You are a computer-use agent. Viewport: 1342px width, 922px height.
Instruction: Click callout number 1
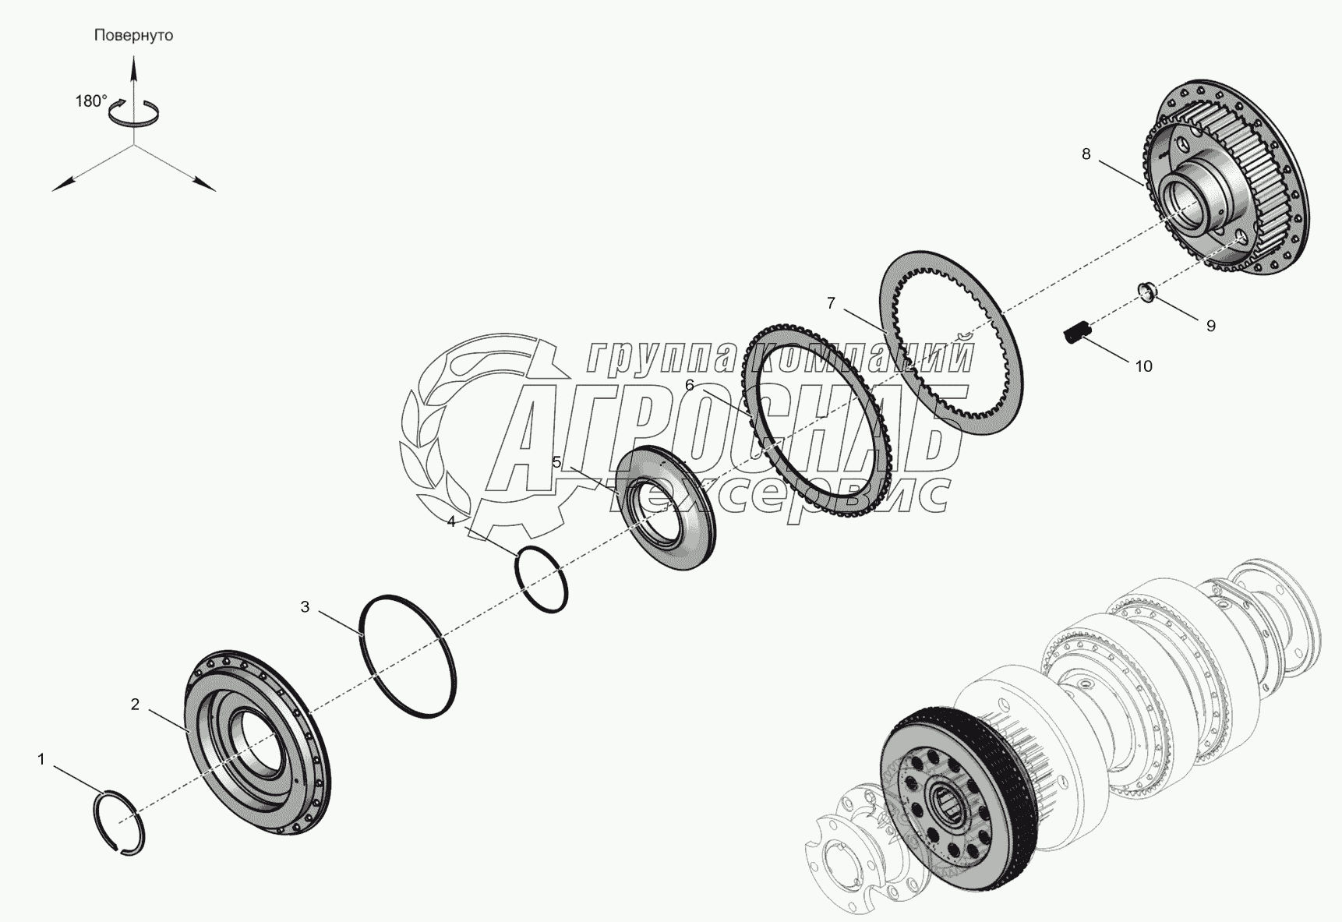pos(42,758)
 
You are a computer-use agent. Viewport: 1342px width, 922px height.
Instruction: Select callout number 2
pos(135,705)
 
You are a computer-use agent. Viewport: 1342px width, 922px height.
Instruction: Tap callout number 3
pos(305,606)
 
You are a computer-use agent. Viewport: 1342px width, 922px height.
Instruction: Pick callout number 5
pos(556,462)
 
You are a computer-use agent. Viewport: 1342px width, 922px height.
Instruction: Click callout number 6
pos(689,385)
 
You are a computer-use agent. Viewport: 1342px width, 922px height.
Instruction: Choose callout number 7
pos(831,303)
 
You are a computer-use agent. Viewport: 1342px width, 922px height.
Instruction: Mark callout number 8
pos(1086,154)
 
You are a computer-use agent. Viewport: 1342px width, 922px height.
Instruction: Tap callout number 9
pos(1210,326)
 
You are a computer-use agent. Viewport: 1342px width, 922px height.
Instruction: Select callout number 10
pos(1143,366)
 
